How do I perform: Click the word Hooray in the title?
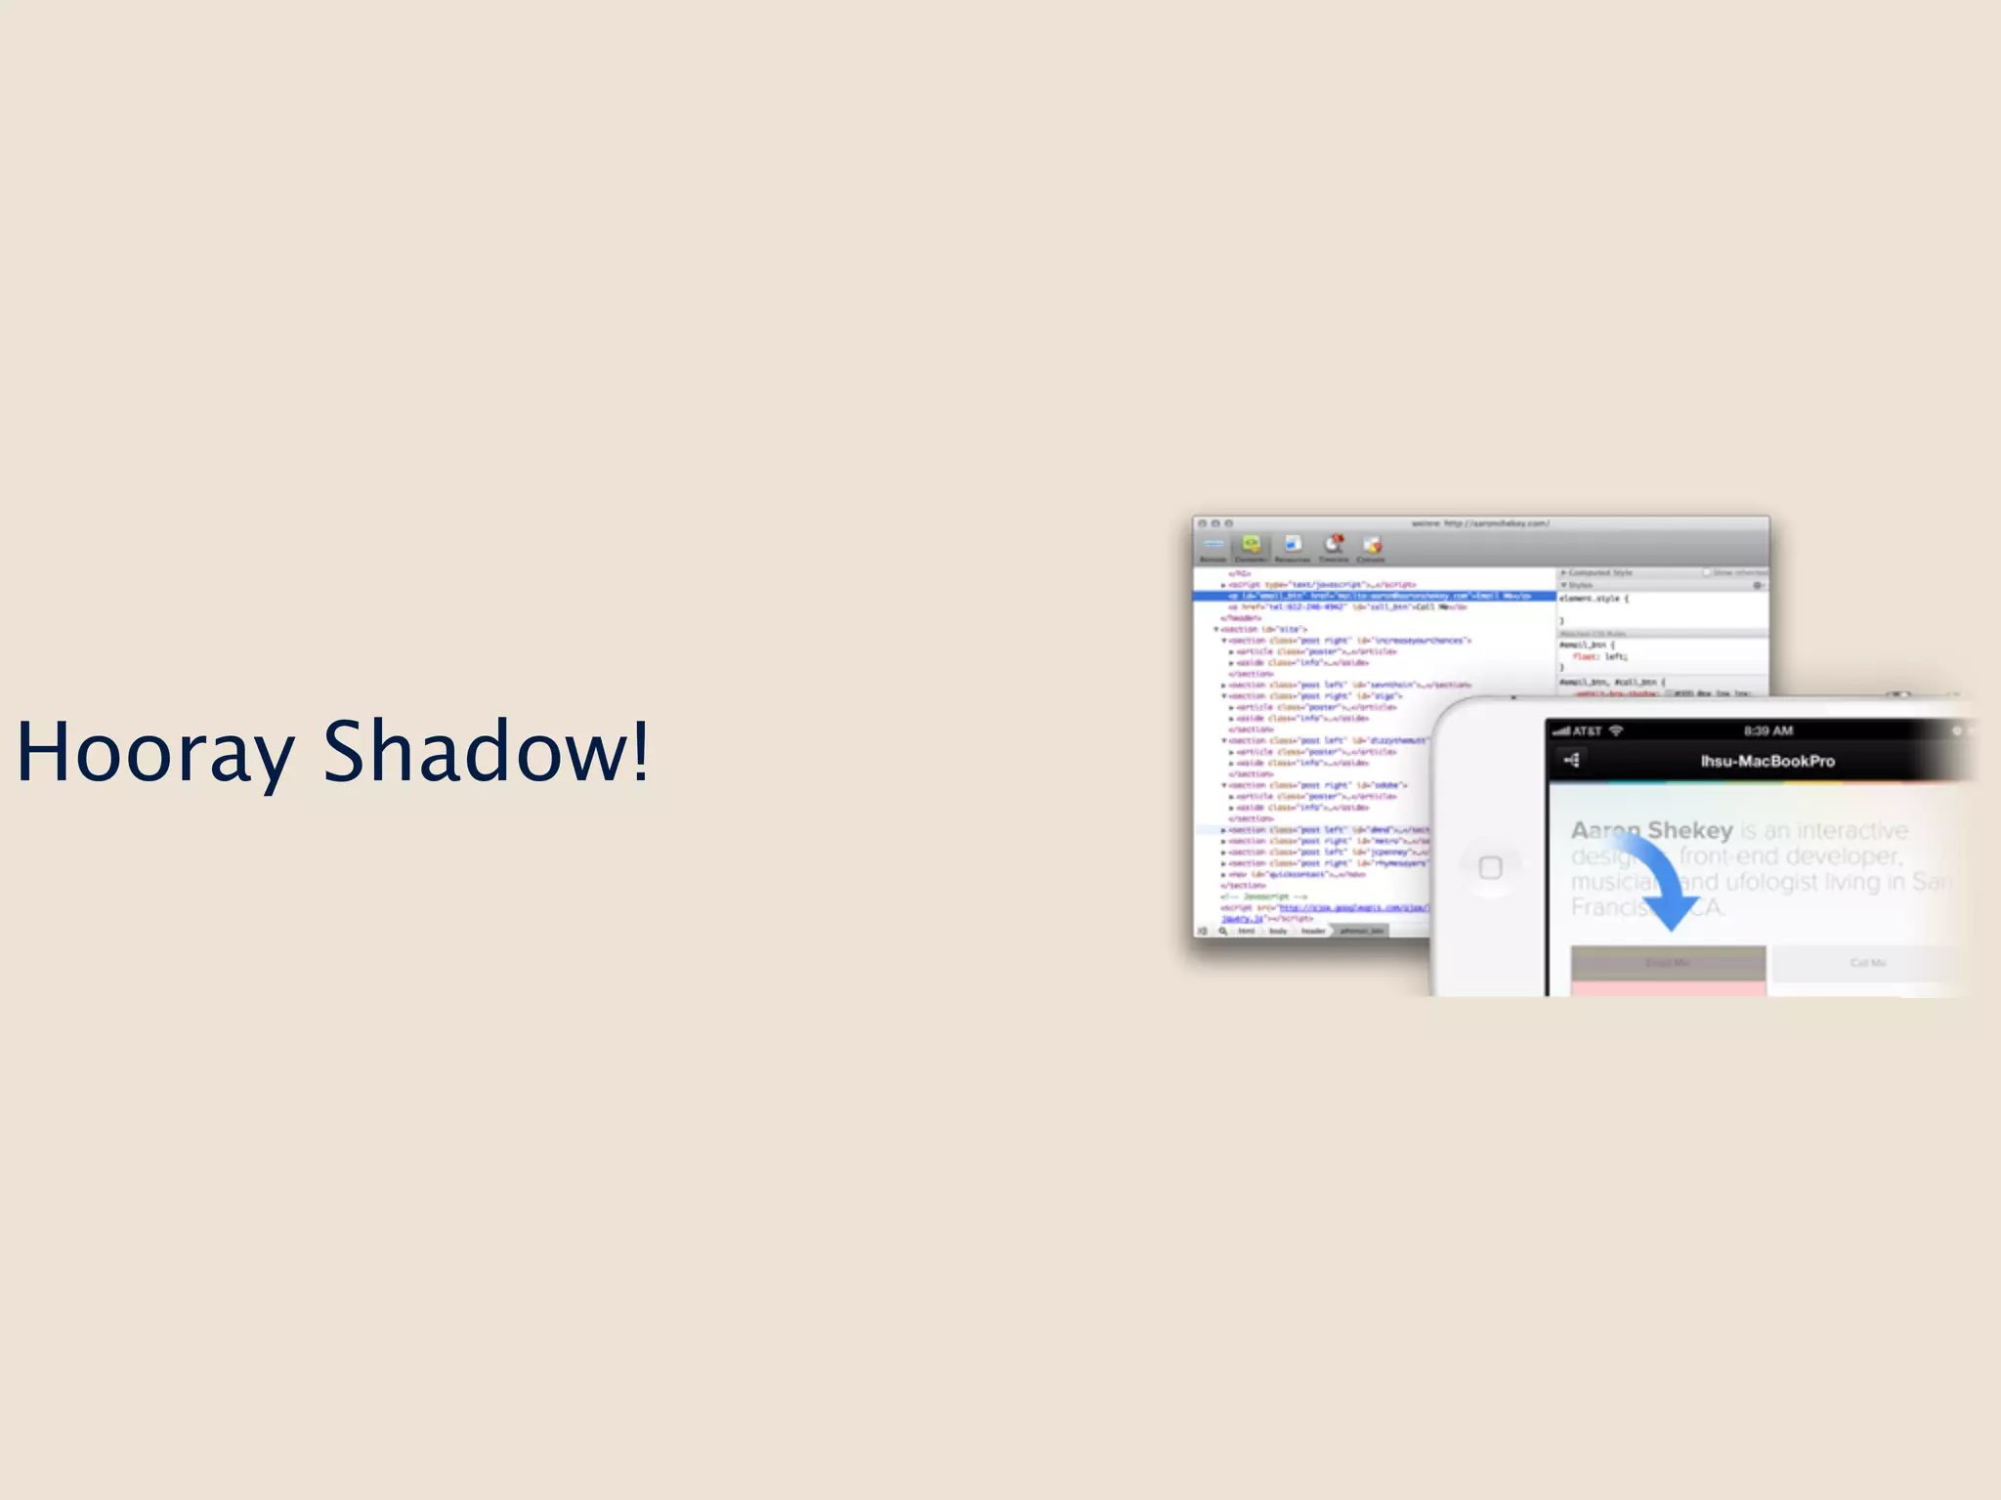point(154,751)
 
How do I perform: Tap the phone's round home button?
point(1490,867)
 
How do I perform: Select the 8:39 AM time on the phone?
point(1768,730)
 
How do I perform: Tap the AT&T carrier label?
point(1587,730)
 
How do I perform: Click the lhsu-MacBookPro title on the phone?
point(1767,761)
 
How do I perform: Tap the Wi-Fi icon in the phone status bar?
point(1616,730)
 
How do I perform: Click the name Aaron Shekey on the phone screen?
point(1651,830)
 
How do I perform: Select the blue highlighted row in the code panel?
point(1373,596)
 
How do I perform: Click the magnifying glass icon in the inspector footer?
point(1222,932)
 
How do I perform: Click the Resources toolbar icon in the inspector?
point(1293,547)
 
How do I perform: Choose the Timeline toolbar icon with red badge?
point(1334,547)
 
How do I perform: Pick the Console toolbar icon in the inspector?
point(1372,547)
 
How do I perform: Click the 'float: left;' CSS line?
point(1600,656)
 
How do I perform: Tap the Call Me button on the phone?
point(1867,963)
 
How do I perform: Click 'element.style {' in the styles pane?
point(1594,598)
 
